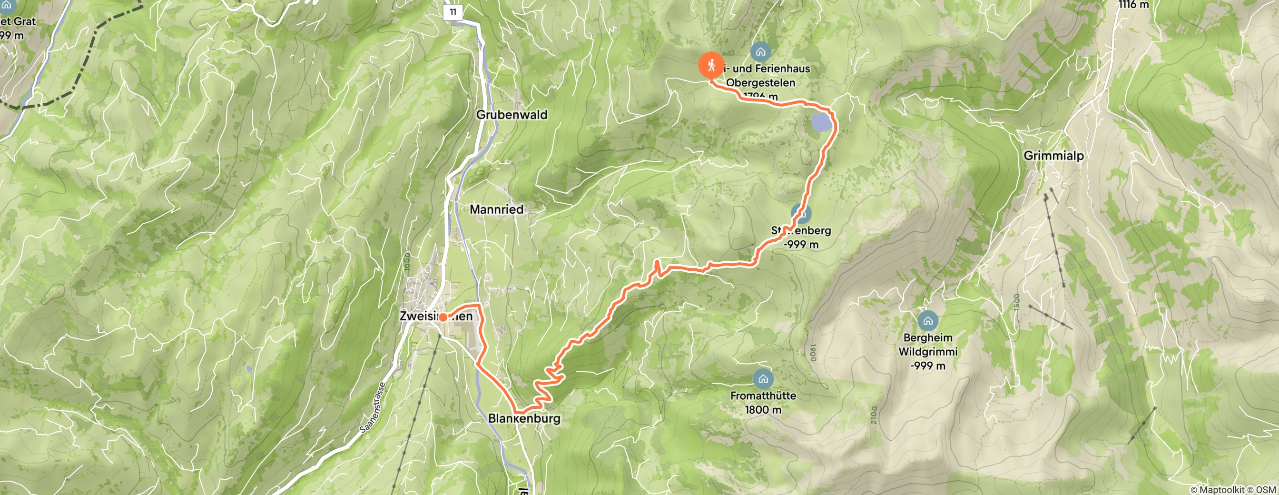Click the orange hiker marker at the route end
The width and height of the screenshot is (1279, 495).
[x=711, y=66]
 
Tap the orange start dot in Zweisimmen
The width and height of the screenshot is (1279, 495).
[x=443, y=317]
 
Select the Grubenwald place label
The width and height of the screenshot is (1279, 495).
[x=512, y=115]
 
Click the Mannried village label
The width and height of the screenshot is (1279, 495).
[x=496, y=209]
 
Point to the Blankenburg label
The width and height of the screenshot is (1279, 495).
[x=524, y=418]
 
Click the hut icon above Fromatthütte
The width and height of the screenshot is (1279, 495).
[x=763, y=379]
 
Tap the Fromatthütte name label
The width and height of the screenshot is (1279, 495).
[x=763, y=396]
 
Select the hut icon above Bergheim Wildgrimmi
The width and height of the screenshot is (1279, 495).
[x=927, y=321]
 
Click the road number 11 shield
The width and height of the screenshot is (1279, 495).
[x=453, y=12]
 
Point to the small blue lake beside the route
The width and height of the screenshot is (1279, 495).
[x=821, y=123]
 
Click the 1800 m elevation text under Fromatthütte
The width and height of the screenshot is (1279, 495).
[x=763, y=410]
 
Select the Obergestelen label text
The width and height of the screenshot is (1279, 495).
[x=761, y=83]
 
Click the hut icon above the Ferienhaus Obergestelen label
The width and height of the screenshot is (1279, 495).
[x=761, y=51]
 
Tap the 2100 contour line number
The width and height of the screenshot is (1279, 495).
[x=874, y=415]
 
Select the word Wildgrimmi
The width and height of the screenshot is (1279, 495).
[x=927, y=352]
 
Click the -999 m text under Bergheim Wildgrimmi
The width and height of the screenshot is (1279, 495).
[x=927, y=366]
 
